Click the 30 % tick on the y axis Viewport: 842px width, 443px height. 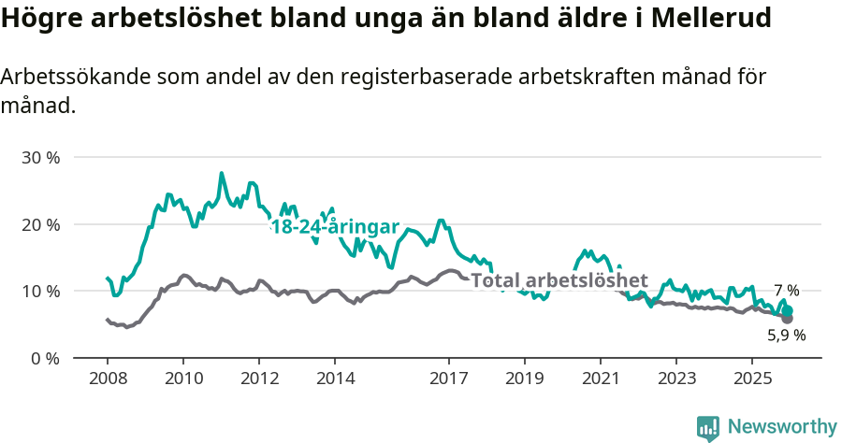pyautogui.click(x=40, y=157)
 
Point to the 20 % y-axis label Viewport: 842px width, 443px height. pyautogui.click(x=40, y=224)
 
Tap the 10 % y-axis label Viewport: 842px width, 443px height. pyautogui.click(x=40, y=291)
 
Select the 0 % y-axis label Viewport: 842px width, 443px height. pyautogui.click(x=44, y=358)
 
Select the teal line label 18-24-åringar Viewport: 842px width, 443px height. pyautogui.click(x=335, y=228)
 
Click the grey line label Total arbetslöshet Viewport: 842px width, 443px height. pyautogui.click(x=559, y=280)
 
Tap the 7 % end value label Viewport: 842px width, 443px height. pyautogui.click(x=786, y=291)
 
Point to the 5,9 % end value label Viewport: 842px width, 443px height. pyautogui.click(x=786, y=335)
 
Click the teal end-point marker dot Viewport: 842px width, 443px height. pyautogui.click(x=788, y=310)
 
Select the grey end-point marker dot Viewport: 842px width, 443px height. pyautogui.click(x=787, y=319)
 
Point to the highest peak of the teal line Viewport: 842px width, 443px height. pyautogui.click(x=222, y=173)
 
